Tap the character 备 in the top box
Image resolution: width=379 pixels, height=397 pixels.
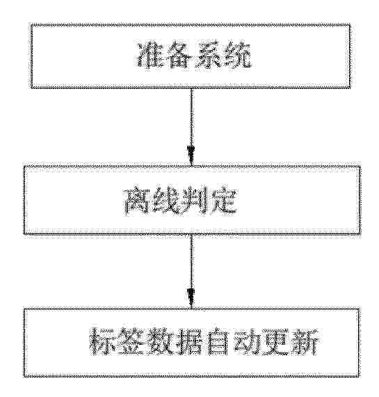[178, 55]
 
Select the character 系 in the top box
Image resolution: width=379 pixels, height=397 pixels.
[207, 55]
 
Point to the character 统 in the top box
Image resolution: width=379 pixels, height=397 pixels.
[236, 55]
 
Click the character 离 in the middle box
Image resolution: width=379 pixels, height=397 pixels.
[137, 201]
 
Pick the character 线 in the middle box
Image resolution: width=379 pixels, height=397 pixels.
[165, 201]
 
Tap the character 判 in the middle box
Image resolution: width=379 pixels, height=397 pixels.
[194, 201]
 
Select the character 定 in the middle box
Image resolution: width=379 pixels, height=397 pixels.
[223, 201]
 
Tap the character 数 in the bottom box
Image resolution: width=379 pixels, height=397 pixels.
[161, 341]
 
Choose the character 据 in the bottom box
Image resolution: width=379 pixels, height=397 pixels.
[191, 341]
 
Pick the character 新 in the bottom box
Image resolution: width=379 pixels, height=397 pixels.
[306, 341]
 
